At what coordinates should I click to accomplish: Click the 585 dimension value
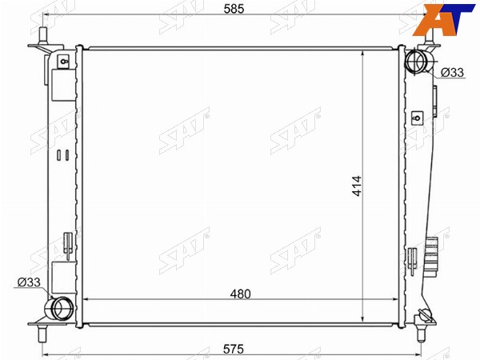coord(234,9)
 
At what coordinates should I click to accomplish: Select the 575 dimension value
coord(234,349)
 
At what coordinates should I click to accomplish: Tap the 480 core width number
coord(241,294)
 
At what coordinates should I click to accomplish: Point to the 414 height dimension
coord(357,186)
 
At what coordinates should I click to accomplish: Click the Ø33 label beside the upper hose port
coord(452,73)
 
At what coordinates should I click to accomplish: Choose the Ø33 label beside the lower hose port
coord(29,282)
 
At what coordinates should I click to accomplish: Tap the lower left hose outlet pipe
coord(58,308)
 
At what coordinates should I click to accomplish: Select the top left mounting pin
coord(43,36)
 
